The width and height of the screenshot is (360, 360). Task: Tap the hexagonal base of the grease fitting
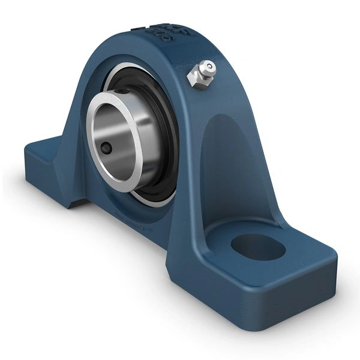click(x=197, y=77)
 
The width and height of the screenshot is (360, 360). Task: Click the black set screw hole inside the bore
click(x=106, y=148)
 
